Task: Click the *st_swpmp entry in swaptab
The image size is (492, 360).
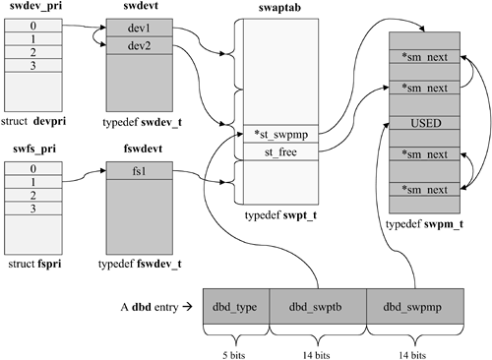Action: pos(272,135)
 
